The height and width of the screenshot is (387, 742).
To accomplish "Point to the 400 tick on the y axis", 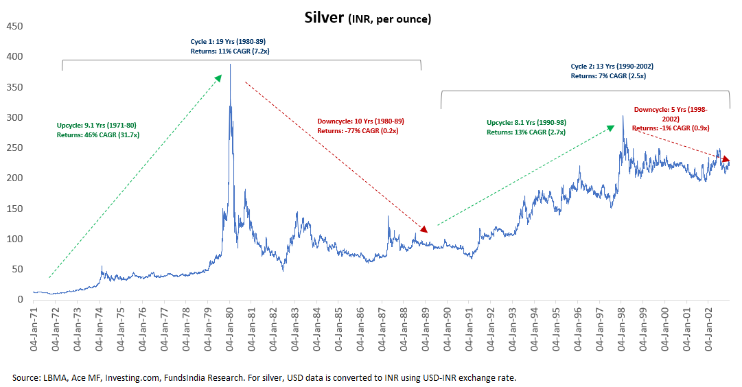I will (x=14, y=57).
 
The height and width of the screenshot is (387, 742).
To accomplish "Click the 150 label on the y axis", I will (x=14, y=209).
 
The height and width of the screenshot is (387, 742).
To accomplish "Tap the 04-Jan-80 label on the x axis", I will (x=229, y=329).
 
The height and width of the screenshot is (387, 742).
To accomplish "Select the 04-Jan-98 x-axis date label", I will (x=621, y=329).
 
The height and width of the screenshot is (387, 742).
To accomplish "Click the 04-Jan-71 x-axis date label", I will (x=33, y=329).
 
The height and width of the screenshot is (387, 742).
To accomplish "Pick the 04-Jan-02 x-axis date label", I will (x=708, y=329).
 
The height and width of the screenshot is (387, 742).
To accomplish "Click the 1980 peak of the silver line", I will (x=230, y=65).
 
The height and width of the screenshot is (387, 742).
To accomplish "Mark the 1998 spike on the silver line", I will (x=623, y=116).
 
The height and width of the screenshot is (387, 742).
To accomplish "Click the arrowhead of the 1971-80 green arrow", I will (x=219, y=78).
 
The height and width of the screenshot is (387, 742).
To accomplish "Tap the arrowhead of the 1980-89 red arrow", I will (x=425, y=230).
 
